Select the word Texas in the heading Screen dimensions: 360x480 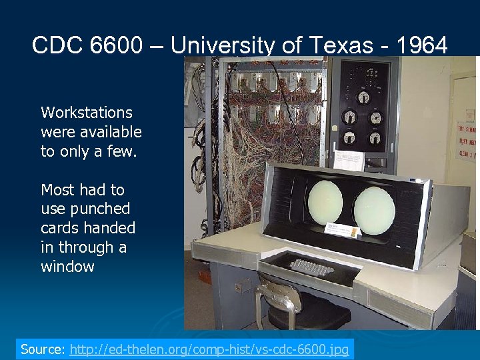[352, 45]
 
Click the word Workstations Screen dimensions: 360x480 [87, 113]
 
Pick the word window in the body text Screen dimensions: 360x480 [67, 267]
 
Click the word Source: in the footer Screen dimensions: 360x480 [43, 349]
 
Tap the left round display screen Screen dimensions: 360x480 [325, 201]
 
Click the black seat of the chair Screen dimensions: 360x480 [313, 316]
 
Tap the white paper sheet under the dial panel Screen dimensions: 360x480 [348, 160]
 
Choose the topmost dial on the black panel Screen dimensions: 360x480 [364, 97]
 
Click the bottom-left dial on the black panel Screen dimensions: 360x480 [349, 141]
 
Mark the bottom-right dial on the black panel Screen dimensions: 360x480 [376, 141]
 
